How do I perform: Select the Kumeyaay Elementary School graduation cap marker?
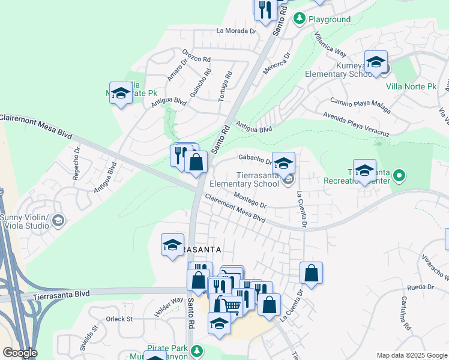[376, 62]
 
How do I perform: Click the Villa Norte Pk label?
[411, 86]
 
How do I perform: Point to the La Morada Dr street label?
[237, 31]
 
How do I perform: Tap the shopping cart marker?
[231, 306]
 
